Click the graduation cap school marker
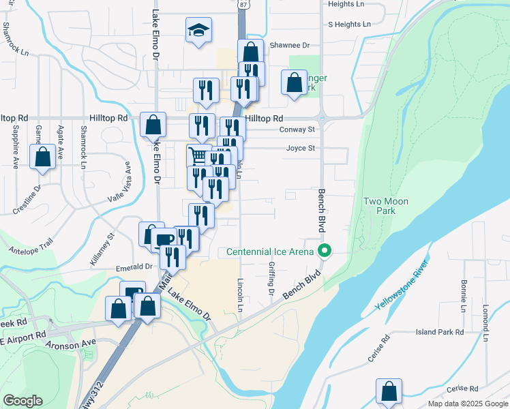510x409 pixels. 198,31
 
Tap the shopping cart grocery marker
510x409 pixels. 197,155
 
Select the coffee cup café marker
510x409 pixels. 162,239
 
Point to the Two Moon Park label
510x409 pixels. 379,206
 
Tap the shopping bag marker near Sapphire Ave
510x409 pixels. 43,157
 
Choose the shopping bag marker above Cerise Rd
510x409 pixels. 389,392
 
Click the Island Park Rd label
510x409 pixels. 440,332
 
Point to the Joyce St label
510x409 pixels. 301,147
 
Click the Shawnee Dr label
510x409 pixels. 290,45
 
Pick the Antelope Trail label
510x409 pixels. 30,240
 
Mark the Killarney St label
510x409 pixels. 102,249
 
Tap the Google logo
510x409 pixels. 23,400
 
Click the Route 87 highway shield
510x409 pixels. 244,4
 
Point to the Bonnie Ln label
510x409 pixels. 463,295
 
